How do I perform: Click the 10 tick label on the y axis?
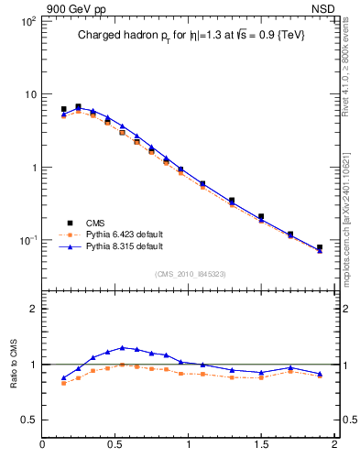[x=28, y=94]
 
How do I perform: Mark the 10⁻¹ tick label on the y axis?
[x=27, y=240]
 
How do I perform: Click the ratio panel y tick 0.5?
[x=27, y=420]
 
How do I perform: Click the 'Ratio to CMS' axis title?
[x=12, y=364]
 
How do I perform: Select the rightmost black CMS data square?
[x=320, y=247]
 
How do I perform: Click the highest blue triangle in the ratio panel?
[x=122, y=347]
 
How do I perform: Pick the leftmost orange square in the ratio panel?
[x=63, y=383]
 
